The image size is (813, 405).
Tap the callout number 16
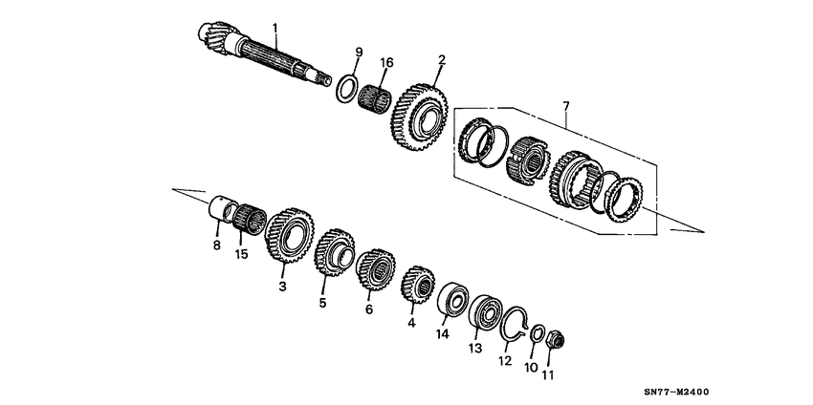386,62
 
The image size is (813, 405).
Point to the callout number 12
505,360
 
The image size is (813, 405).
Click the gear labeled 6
376,268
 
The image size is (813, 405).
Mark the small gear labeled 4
417,286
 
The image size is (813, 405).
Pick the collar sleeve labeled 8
222,209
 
